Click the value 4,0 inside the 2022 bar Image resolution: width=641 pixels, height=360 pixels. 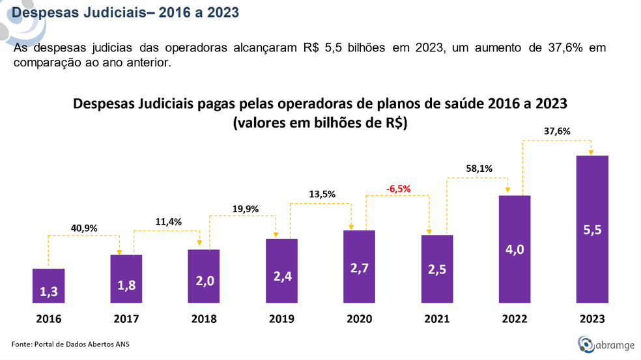coord(514,250)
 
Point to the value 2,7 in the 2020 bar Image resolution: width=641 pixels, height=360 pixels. coord(359,268)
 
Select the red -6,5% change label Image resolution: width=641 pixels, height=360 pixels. coord(397,189)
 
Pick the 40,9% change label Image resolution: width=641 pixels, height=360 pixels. coord(84,228)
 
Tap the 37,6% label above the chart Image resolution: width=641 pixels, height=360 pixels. coord(557,131)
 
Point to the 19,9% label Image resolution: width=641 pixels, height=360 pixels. coord(245,209)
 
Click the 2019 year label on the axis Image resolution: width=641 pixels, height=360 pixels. coord(281,319)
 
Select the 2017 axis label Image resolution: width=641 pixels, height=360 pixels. coord(126,319)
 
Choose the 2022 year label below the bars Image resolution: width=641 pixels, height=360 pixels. coord(514,319)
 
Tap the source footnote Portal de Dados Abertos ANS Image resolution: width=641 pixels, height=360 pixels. coord(71,343)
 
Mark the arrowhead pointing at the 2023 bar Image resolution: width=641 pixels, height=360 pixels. coord(591,153)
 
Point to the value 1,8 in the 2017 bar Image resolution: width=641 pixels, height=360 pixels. coord(126,284)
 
